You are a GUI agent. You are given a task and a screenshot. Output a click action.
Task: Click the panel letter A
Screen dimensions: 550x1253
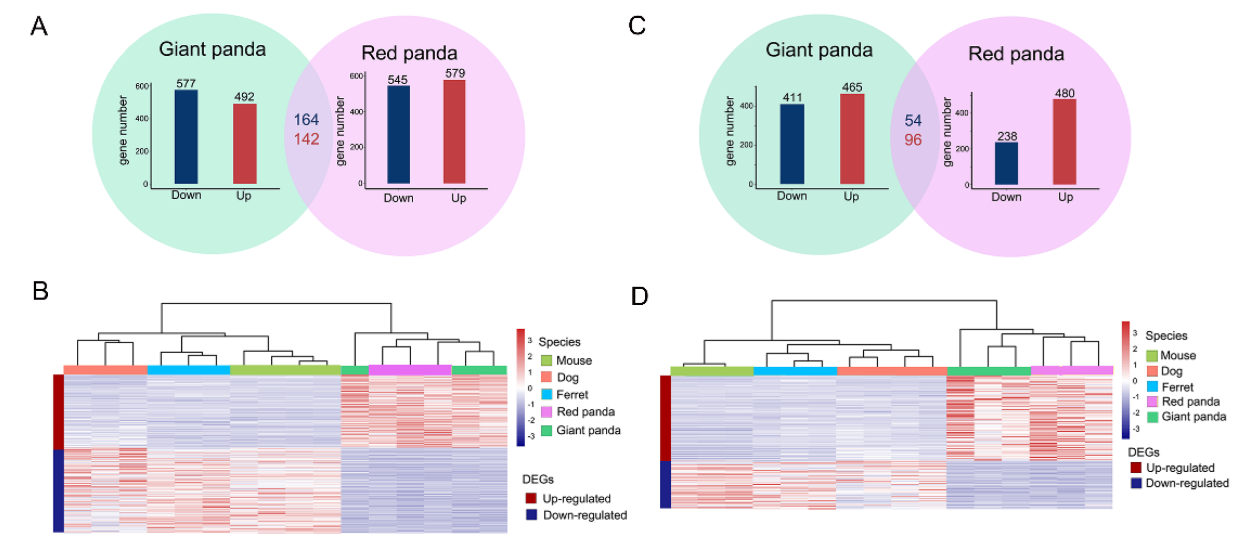coord(39,26)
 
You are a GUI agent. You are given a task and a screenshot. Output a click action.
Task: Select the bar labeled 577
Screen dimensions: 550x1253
coord(186,137)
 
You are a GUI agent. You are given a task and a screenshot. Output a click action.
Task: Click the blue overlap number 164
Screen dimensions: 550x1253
coord(306,120)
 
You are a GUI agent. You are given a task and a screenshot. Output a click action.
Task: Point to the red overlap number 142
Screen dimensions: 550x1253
coord(306,139)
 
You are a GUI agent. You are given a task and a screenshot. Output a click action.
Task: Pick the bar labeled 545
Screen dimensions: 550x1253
coord(398,135)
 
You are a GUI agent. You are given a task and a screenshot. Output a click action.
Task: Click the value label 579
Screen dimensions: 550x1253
coord(455,73)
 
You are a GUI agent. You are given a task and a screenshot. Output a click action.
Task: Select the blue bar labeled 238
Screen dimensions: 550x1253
coord(1006,164)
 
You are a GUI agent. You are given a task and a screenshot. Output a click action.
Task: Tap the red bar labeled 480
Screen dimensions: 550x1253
coord(1064,142)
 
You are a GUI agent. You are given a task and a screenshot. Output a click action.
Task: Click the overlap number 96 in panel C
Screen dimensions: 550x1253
coord(913,140)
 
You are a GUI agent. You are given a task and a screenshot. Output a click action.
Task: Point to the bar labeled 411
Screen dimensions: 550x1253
coord(792,144)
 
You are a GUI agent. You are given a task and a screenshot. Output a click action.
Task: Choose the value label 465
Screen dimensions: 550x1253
coord(852,87)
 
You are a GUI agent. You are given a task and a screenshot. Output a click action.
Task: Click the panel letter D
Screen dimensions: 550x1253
coord(639,296)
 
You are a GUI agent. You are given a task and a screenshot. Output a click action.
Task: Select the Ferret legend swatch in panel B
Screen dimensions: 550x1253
coord(546,394)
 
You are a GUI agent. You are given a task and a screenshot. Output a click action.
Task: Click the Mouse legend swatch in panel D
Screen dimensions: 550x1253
coord(1152,356)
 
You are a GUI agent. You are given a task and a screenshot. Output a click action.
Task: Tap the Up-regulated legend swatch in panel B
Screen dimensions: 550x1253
coord(531,498)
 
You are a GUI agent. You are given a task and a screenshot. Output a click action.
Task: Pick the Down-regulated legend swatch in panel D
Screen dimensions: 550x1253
coord(1136,483)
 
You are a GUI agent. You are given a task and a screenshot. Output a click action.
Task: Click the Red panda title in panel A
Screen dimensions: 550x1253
coord(409,53)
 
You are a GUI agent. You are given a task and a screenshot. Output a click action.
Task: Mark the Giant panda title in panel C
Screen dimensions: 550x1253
coord(819,50)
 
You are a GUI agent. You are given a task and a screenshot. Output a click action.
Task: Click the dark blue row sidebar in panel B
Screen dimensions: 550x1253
coord(58,491)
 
